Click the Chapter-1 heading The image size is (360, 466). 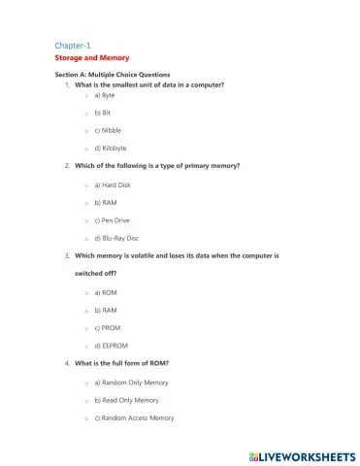[x=72, y=46]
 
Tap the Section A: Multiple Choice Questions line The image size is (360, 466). [x=113, y=75]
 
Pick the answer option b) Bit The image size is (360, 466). [x=103, y=113]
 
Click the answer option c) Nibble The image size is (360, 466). [x=108, y=130]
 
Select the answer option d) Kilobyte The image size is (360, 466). [x=111, y=148]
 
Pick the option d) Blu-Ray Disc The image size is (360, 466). [x=115, y=238]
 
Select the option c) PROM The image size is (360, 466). [x=107, y=328]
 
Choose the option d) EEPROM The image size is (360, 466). [x=110, y=346]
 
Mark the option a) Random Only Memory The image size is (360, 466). [x=130, y=383]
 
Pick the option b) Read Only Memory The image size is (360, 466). [x=129, y=400]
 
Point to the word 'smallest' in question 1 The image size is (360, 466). [x=125, y=84]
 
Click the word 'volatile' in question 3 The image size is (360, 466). [x=147, y=255]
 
